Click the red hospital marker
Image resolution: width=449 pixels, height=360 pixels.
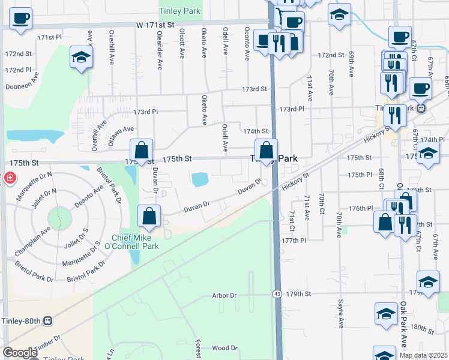click(8, 179)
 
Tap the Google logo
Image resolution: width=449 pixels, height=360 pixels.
click(20, 353)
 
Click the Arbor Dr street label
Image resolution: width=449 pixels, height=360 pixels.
click(225, 295)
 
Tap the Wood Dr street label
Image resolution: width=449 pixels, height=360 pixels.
click(225, 348)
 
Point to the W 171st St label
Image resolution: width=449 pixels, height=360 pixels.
click(155, 25)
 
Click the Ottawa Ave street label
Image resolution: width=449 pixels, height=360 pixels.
click(121, 136)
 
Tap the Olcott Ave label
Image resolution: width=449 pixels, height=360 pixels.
click(181, 46)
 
